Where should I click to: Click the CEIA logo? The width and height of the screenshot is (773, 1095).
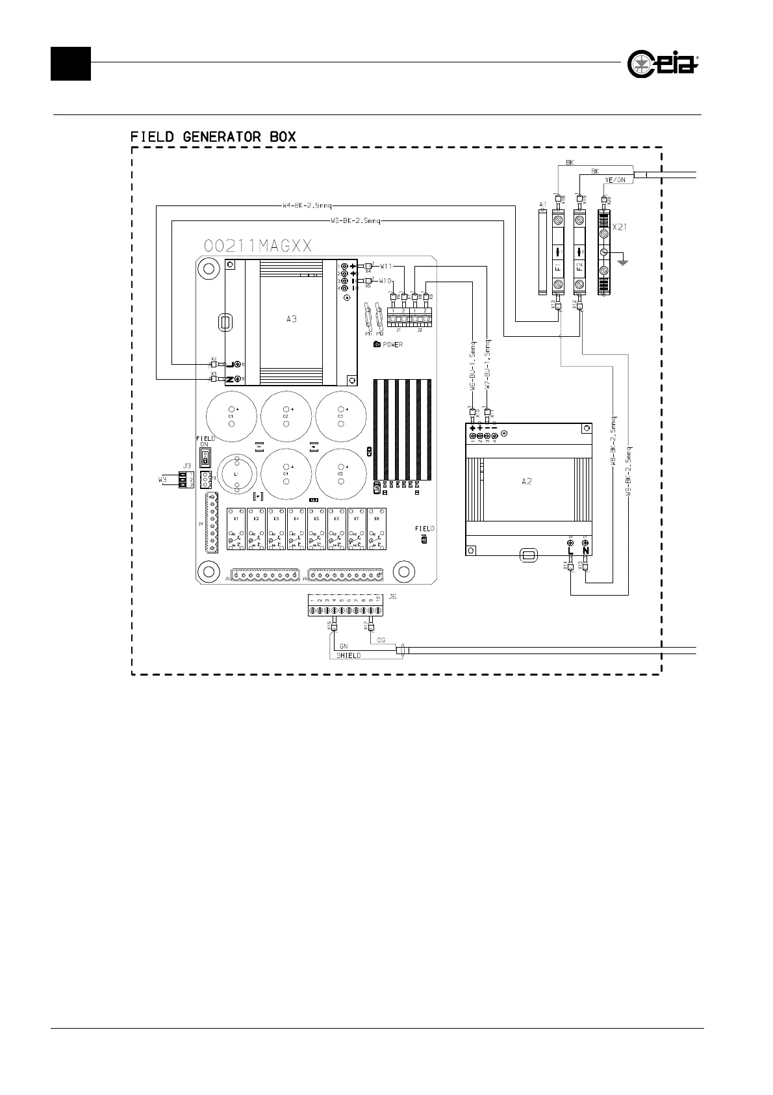pyautogui.click(x=663, y=64)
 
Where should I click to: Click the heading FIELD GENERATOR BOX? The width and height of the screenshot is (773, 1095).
pyautogui.click(x=213, y=137)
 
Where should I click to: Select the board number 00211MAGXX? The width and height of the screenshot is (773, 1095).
pyautogui.click(x=259, y=246)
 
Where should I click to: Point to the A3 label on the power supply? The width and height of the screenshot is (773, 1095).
pyautogui.click(x=292, y=319)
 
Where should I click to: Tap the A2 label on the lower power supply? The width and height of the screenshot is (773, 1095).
pyautogui.click(x=527, y=482)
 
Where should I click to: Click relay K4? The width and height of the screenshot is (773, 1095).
pyautogui.click(x=296, y=529)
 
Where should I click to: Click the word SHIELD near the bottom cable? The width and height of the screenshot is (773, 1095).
pyautogui.click(x=348, y=655)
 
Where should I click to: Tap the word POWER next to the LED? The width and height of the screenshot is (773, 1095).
pyautogui.click(x=392, y=345)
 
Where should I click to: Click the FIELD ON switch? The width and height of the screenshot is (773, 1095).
pyautogui.click(x=205, y=458)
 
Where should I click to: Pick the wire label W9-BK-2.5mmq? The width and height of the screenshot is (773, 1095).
pyautogui.click(x=629, y=471)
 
